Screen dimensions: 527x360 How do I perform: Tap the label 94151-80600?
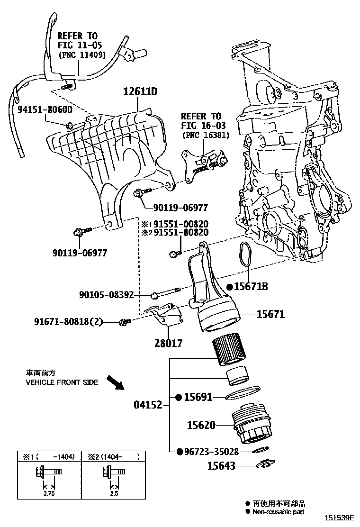tap(45, 109)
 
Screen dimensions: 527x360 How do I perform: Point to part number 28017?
tap(169, 343)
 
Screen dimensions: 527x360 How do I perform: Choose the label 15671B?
tap(251, 287)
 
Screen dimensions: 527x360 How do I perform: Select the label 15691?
tap(198, 397)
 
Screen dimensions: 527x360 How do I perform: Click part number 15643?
tap(221, 466)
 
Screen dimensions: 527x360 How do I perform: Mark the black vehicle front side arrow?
tap(115, 382)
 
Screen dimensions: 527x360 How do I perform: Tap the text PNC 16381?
tap(206, 135)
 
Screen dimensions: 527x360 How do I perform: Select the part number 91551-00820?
tap(178, 224)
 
